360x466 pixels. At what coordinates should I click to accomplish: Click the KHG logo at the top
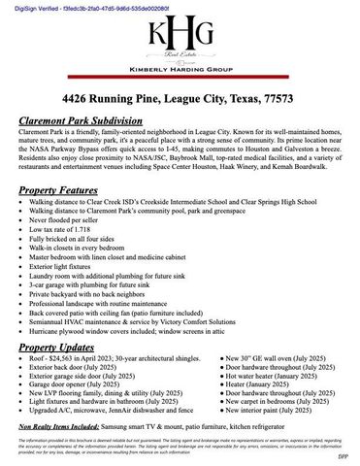click(x=180, y=36)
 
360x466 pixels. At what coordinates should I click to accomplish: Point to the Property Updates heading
click(x=67, y=347)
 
